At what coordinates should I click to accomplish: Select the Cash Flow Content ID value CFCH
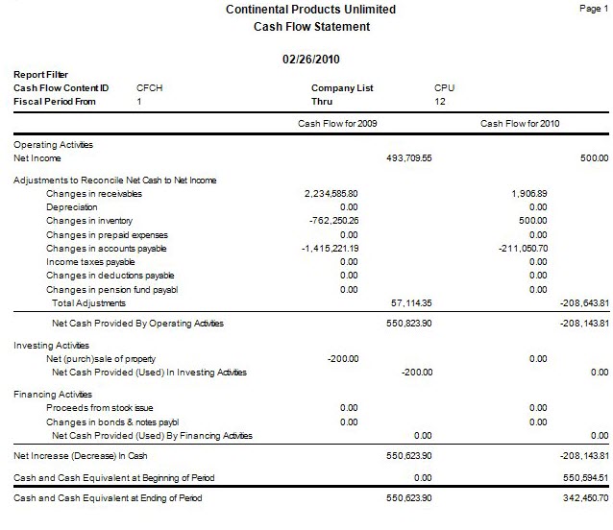tap(150, 87)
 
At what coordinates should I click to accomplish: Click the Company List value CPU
tap(444, 87)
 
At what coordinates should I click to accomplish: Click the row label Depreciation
tap(72, 207)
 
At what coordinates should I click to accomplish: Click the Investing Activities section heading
tap(52, 345)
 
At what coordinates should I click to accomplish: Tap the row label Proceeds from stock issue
tap(99, 408)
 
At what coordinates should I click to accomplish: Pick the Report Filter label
tap(40, 74)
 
